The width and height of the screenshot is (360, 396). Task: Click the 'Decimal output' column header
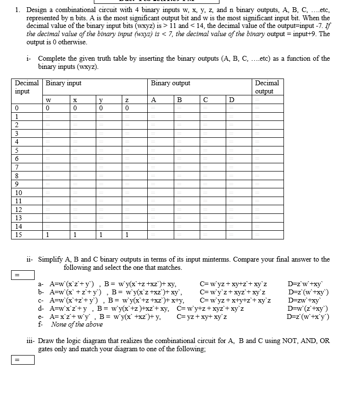click(x=267, y=87)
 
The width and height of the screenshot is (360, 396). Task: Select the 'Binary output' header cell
click(x=170, y=83)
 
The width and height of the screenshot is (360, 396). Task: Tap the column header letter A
click(x=154, y=100)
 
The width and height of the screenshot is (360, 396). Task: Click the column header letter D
click(x=232, y=100)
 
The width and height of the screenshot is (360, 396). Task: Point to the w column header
click(x=48, y=100)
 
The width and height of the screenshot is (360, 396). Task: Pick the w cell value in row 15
click(x=47, y=235)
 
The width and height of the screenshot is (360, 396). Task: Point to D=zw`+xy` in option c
click(x=305, y=300)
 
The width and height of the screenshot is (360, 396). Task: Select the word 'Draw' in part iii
click(x=47, y=340)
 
